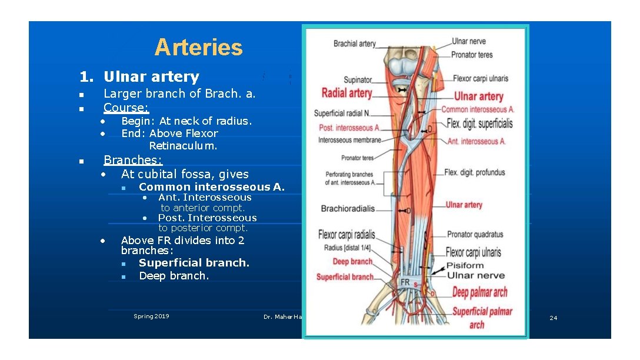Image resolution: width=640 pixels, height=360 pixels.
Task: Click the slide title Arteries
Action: point(198,48)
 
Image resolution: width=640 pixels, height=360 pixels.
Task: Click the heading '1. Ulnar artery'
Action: point(140,76)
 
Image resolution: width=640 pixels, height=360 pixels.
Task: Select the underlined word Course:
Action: point(126,108)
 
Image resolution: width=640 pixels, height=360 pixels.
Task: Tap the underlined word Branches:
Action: point(133,160)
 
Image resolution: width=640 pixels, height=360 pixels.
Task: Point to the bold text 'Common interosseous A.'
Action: point(212,187)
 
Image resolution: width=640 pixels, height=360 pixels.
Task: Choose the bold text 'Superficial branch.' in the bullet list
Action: point(194,263)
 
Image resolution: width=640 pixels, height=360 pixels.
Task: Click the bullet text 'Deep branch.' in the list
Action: point(174,276)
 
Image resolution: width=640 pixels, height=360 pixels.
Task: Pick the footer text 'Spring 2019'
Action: point(151,316)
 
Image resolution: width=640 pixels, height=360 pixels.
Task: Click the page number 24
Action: point(553,318)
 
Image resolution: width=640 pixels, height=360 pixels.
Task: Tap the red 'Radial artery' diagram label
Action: point(346,93)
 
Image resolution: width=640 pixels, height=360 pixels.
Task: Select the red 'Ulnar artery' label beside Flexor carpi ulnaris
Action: point(479,96)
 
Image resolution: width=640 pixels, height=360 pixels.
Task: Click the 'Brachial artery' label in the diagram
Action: point(354,44)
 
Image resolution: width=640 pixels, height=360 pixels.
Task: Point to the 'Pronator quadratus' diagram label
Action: point(475,234)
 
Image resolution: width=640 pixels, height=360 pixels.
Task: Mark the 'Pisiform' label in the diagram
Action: point(465,265)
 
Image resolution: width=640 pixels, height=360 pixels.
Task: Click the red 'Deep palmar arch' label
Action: point(480,292)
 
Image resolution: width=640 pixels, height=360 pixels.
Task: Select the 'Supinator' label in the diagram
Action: point(358,80)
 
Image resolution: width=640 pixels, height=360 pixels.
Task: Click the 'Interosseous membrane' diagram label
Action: point(349,140)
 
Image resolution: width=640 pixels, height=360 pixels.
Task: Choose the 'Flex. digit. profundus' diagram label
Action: point(475,172)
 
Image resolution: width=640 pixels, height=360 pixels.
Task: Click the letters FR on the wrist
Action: point(405,282)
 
